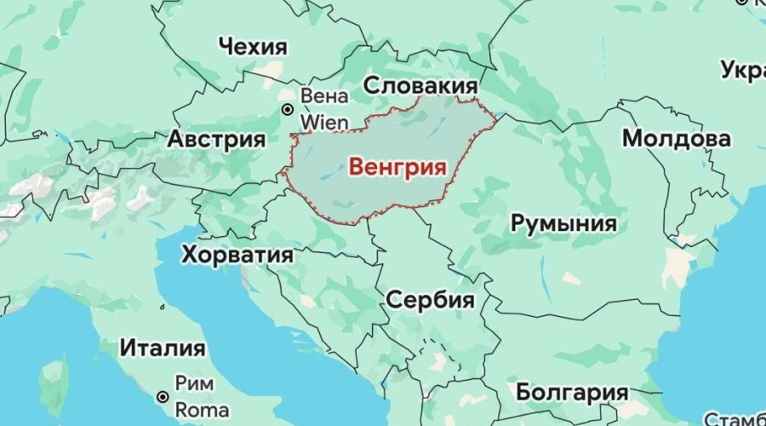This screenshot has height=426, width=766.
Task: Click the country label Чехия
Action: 253,46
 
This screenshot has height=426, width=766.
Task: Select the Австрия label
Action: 216,139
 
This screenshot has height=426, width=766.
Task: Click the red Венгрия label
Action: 397,167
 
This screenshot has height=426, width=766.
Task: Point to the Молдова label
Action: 676,138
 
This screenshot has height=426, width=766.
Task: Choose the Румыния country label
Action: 563,224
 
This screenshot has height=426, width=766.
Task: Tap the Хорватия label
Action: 237,254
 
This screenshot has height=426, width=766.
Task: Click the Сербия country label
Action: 430,300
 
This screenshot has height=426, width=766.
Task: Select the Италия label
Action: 162,348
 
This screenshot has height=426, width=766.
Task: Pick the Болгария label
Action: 572,393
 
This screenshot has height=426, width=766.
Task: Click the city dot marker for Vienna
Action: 288,109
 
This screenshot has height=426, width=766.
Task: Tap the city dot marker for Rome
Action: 161,396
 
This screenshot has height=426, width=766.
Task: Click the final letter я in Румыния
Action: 609,224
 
